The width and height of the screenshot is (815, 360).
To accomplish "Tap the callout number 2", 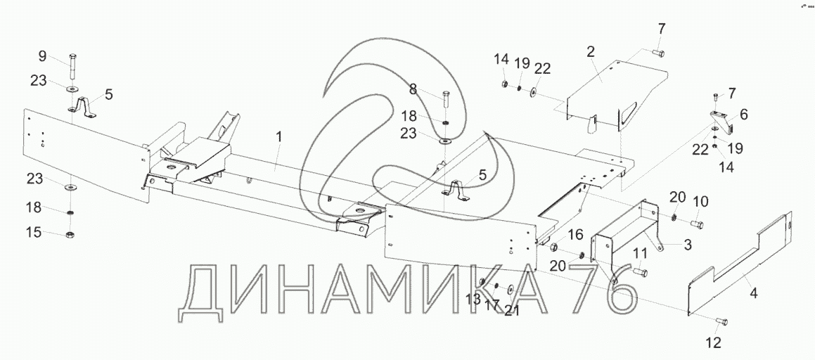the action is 591,51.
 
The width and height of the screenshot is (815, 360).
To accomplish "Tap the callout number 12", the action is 713,343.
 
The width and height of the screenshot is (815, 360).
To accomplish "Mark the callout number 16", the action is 575,233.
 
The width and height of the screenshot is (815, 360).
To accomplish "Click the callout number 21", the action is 513,311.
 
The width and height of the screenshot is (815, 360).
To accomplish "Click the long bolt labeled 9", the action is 74,68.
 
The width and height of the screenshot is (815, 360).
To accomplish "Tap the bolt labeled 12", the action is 721,323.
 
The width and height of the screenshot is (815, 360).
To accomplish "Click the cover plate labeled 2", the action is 612,88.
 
